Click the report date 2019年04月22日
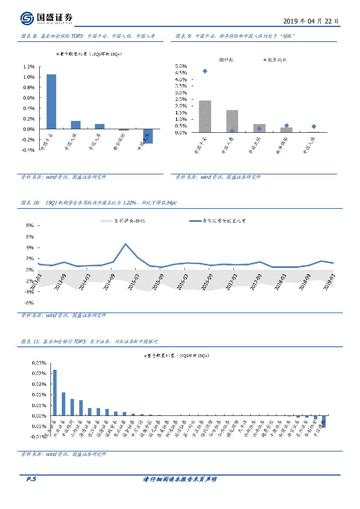[310, 21]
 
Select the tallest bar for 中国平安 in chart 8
[51, 101]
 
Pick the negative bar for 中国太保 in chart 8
[148, 136]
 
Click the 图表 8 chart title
[87, 36]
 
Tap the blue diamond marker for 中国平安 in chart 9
[205, 71]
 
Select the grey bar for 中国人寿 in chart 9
[232, 121]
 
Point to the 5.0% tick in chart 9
[181, 66]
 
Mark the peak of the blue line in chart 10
[125, 244]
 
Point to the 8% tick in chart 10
[30, 226]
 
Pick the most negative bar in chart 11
[324, 421]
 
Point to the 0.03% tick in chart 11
[39, 363]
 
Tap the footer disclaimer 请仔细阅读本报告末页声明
[180, 479]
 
